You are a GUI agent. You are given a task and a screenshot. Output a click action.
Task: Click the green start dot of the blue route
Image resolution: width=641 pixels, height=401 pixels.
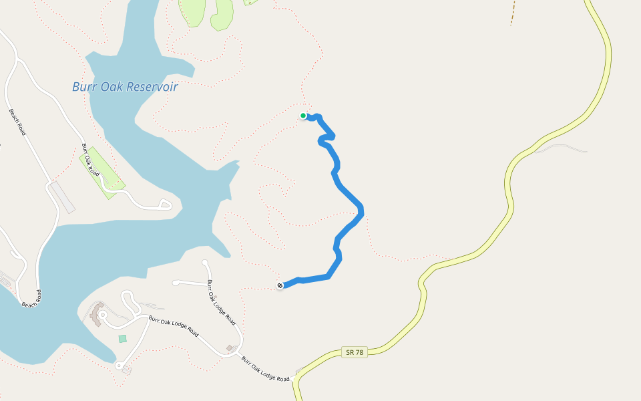point(303,116)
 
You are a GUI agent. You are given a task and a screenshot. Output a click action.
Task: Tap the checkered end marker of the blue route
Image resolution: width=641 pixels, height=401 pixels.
point(280,286)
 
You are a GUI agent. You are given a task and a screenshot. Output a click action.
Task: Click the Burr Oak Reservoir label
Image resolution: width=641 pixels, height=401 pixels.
point(125,87)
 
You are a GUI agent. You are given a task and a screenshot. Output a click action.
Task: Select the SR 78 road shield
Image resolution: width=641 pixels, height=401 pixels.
point(357,352)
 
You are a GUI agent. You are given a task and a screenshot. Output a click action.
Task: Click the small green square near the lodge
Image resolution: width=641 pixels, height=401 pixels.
point(122,339)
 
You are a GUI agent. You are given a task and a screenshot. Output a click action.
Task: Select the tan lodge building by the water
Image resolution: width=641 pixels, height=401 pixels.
point(97,313)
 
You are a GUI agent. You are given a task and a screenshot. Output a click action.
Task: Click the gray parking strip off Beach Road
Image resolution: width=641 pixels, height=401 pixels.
point(62,198)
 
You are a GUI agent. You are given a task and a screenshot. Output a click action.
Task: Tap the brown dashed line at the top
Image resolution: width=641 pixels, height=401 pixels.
point(513,12)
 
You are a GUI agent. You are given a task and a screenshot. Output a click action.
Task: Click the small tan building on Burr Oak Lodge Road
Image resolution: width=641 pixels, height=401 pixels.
point(230,348)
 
